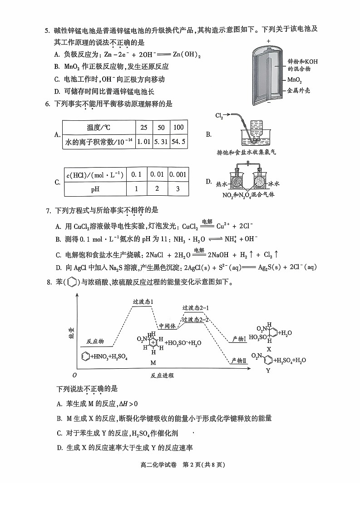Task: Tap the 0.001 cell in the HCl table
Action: [x=178, y=175]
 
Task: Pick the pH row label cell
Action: [x=95, y=189]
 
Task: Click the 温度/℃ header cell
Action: [x=99, y=127]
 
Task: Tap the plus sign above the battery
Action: [x=269, y=41]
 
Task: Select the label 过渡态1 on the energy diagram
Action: [x=142, y=302]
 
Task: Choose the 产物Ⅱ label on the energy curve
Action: [x=238, y=360]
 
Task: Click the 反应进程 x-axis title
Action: [x=162, y=376]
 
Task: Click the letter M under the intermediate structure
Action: [x=153, y=363]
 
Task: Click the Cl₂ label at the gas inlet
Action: [x=220, y=116]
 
